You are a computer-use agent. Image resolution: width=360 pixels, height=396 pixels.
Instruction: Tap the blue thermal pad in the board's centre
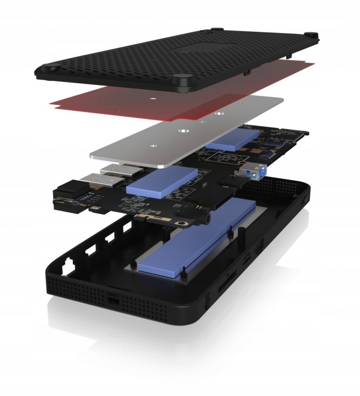point(162,180)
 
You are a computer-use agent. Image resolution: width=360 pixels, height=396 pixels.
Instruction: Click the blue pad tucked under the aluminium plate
point(233,140)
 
